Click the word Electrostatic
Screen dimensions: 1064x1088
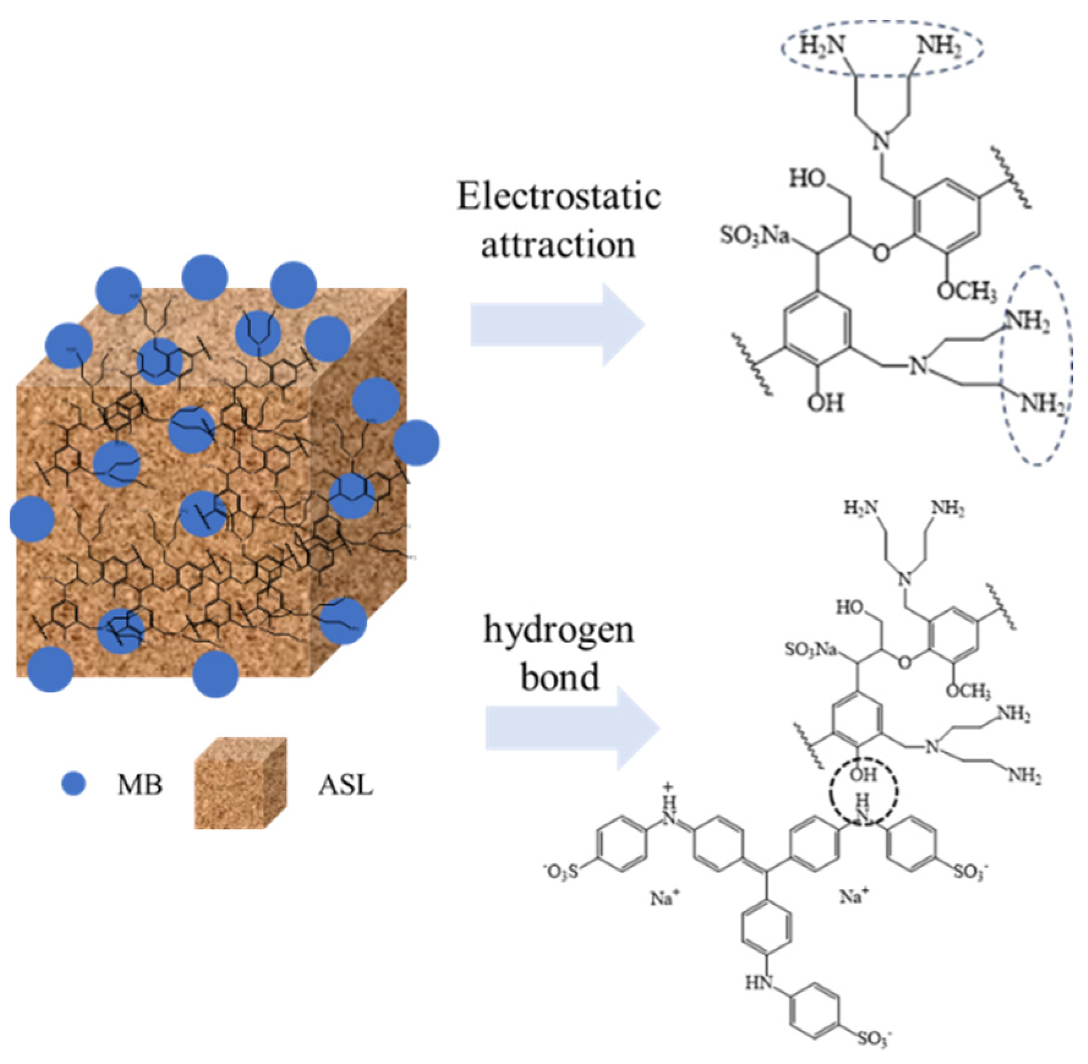coord(558,198)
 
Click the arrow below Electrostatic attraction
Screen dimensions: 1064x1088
coord(557,324)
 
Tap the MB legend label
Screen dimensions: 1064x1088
coord(140,785)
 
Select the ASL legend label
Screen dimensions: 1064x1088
coord(346,785)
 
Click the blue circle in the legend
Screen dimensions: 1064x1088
coord(74,784)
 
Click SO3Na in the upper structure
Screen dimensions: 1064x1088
coord(755,236)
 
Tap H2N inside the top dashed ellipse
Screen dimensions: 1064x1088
coord(823,46)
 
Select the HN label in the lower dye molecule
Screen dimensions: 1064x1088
coord(759,983)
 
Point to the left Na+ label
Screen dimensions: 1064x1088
coord(665,898)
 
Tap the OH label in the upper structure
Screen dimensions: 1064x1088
coord(826,403)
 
